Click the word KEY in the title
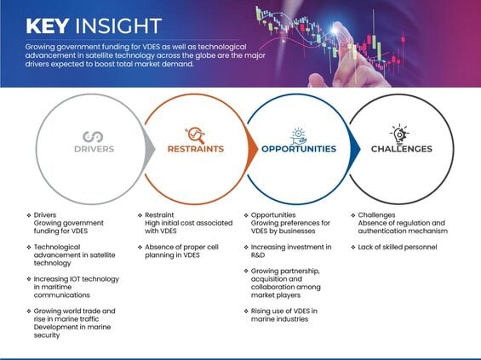(47, 26)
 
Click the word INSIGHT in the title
(118, 26)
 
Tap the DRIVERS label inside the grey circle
(94, 149)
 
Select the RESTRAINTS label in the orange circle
(196, 149)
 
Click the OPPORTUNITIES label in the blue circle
(299, 149)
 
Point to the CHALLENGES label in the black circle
(402, 149)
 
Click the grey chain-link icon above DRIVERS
(93, 136)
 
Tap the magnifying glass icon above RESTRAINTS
(195, 135)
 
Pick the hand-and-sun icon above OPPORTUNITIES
(298, 136)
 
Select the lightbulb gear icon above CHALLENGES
(399, 135)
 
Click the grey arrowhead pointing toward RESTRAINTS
(151, 150)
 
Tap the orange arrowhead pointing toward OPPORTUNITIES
(253, 150)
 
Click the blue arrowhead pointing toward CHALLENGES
(355, 150)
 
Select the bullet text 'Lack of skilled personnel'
(398, 247)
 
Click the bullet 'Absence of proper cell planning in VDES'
(181, 251)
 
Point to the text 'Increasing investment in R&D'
(291, 251)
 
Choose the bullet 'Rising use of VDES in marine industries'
(284, 315)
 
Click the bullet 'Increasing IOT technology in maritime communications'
(76, 287)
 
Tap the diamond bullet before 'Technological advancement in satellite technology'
(29, 247)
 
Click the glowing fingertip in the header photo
(335, 30)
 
